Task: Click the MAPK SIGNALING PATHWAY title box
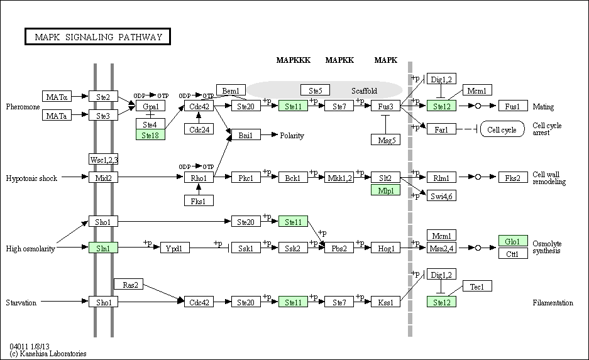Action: point(97,36)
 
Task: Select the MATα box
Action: point(57,97)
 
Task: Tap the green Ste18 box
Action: point(150,135)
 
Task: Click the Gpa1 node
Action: point(150,106)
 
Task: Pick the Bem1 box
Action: point(231,90)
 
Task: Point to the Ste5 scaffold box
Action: point(315,90)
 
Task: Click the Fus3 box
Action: point(385,106)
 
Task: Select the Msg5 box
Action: point(386,139)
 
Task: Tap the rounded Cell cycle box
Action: point(502,129)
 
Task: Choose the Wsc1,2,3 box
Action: point(103,159)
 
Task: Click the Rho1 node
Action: point(199,177)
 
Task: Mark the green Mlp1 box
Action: point(386,190)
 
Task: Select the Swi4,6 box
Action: point(441,195)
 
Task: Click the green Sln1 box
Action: point(103,248)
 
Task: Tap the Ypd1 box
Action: point(175,248)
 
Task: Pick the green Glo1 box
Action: point(513,241)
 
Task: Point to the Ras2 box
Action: point(128,284)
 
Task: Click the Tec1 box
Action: point(477,286)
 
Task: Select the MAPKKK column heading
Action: point(294,60)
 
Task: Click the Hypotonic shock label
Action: point(31,178)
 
